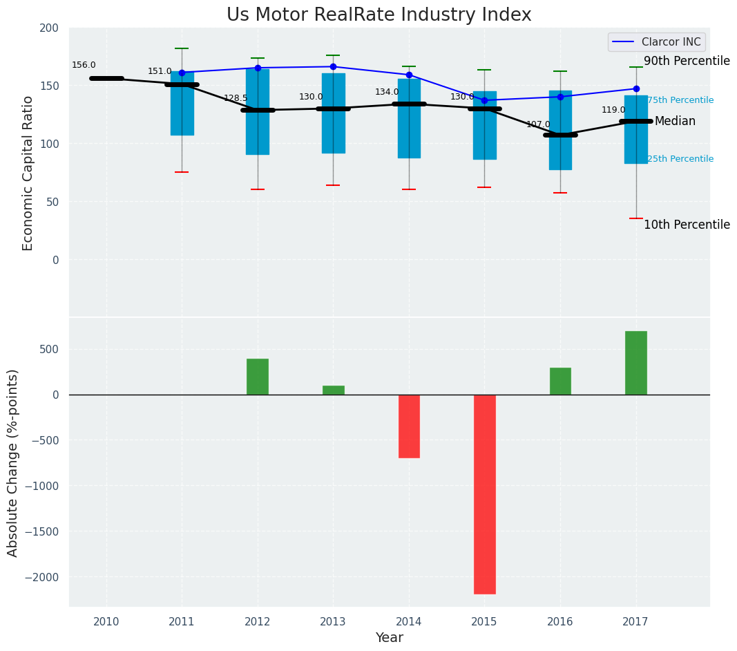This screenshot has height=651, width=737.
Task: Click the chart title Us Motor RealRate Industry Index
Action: coord(379,15)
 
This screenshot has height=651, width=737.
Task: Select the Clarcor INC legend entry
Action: coord(656,42)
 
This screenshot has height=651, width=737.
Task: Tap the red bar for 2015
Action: coord(484,493)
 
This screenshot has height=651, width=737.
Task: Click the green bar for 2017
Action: coord(635,363)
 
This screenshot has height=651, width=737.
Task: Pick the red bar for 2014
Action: coord(409,426)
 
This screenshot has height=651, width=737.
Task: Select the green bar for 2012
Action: coord(258,377)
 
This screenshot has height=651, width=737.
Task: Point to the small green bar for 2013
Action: coord(333,390)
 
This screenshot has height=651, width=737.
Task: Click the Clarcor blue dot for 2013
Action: coord(333,67)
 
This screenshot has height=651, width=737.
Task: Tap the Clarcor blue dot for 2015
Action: coord(484,100)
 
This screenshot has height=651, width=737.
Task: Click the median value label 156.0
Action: coord(84,66)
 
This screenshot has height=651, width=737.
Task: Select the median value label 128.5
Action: coord(236,99)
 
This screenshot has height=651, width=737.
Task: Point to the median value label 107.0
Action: coord(538,125)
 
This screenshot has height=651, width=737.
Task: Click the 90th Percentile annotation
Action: coord(686,62)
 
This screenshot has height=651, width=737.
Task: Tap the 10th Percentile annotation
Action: coord(686,225)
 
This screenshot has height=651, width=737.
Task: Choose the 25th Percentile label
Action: coord(680,159)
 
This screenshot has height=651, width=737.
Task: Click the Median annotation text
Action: coord(675,122)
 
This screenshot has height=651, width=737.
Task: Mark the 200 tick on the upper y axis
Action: coord(54,28)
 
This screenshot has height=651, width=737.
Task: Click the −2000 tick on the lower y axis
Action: coord(43,577)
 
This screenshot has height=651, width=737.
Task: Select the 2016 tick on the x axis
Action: coord(560,622)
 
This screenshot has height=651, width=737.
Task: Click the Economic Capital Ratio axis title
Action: coord(28,173)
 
